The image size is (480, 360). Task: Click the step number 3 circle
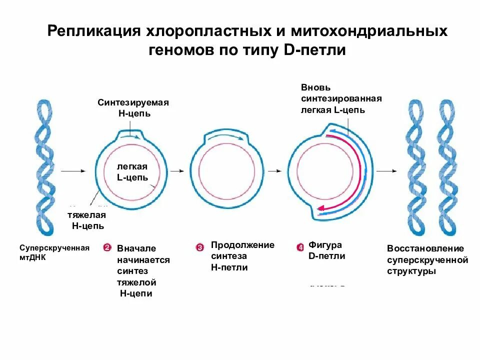(x=200, y=247)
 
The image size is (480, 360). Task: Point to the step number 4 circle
(x=300, y=247)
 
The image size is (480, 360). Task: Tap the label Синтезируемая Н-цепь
(x=133, y=107)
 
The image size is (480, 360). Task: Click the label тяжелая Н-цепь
(x=87, y=220)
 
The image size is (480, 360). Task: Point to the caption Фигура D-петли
(x=326, y=250)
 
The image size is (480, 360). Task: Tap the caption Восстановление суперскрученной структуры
(x=427, y=259)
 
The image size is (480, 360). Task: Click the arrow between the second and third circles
(x=274, y=171)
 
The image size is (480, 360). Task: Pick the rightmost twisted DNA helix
(x=447, y=167)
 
